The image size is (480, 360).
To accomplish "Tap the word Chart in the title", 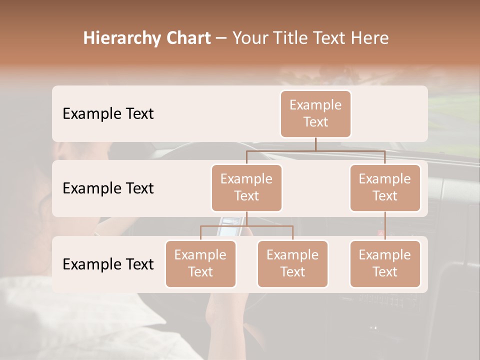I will [186, 38].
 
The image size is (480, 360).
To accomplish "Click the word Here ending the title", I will [370, 38].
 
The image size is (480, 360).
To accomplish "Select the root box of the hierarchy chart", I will [315, 114].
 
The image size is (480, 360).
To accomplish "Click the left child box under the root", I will [246, 188].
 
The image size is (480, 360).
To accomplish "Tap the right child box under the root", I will [385, 188].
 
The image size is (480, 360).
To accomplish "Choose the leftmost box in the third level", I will [200, 264].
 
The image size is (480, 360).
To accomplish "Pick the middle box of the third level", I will [292, 264].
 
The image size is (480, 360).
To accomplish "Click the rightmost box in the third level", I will [385, 264].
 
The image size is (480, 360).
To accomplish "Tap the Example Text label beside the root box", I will [108, 114].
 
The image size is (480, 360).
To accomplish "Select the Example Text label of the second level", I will [108, 188].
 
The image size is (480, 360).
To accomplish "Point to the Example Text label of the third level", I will [108, 264].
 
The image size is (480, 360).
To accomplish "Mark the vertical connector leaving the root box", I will [315, 144].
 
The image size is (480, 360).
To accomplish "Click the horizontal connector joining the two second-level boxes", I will [315, 150].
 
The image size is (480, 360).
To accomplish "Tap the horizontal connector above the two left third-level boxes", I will [246, 226].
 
